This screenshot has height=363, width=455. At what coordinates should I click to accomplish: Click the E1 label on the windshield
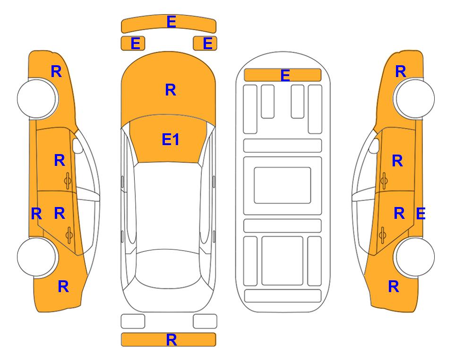pyautogui.click(x=171, y=139)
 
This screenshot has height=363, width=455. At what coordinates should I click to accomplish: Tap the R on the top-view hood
pyautogui.click(x=171, y=90)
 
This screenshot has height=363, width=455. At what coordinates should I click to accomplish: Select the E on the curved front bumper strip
pyautogui.click(x=171, y=22)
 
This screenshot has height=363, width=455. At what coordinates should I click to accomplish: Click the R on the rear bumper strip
pyautogui.click(x=172, y=340)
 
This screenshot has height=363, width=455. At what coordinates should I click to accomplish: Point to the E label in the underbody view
pyautogui.click(x=285, y=76)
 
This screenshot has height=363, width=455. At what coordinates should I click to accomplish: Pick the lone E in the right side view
pyautogui.click(x=421, y=214)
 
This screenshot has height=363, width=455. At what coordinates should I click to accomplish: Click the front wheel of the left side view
pyautogui.click(x=37, y=99)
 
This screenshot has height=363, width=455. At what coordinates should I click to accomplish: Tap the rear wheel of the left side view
pyautogui.click(x=37, y=257)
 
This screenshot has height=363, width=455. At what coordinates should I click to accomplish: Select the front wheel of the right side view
pyautogui.click(x=415, y=99)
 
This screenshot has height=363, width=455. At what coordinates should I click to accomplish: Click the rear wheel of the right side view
pyautogui.click(x=415, y=257)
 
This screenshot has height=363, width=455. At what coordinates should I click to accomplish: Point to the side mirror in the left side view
pyautogui.click(x=77, y=146)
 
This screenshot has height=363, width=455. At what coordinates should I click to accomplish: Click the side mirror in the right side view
pyautogui.click(x=374, y=146)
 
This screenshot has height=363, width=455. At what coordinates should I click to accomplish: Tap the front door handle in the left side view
pyautogui.click(x=68, y=181)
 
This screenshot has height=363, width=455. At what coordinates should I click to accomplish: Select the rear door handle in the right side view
pyautogui.click(x=383, y=235)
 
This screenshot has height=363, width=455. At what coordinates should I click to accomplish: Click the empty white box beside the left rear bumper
pyautogui.click(x=133, y=321)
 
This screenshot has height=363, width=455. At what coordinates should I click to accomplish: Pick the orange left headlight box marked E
pyautogui.click(x=133, y=43)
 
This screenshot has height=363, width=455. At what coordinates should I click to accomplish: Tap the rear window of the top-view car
pyautogui.click(x=168, y=268)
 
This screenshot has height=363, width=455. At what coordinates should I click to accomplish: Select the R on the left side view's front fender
pyautogui.click(x=56, y=71)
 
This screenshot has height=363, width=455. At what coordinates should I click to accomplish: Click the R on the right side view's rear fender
pyautogui.click(x=394, y=286)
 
